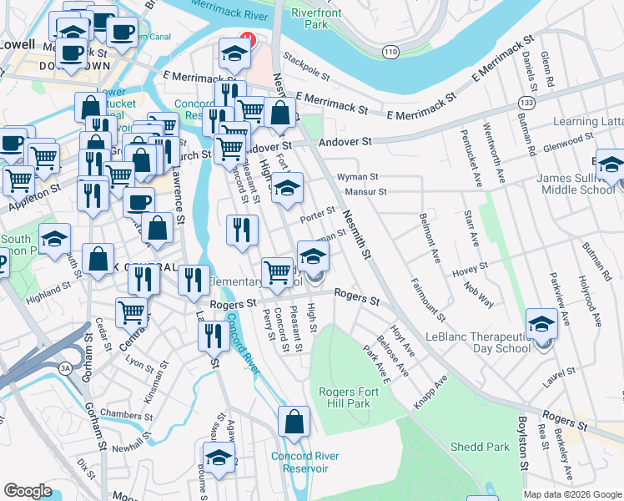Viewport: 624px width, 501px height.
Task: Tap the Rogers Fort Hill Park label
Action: click(345, 397)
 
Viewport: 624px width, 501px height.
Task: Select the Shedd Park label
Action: click(480, 447)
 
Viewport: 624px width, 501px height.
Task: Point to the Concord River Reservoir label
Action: click(304, 462)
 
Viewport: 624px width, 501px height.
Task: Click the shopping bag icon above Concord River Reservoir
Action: click(294, 424)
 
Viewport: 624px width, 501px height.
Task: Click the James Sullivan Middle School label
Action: click(576, 184)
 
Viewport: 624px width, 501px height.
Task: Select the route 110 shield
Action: click(390, 52)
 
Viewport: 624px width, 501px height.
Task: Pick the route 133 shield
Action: click(526, 102)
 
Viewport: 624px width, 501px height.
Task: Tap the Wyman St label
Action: click(358, 177)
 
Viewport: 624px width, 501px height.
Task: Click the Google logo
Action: click(28, 491)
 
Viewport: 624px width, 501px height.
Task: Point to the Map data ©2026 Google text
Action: click(571, 495)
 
